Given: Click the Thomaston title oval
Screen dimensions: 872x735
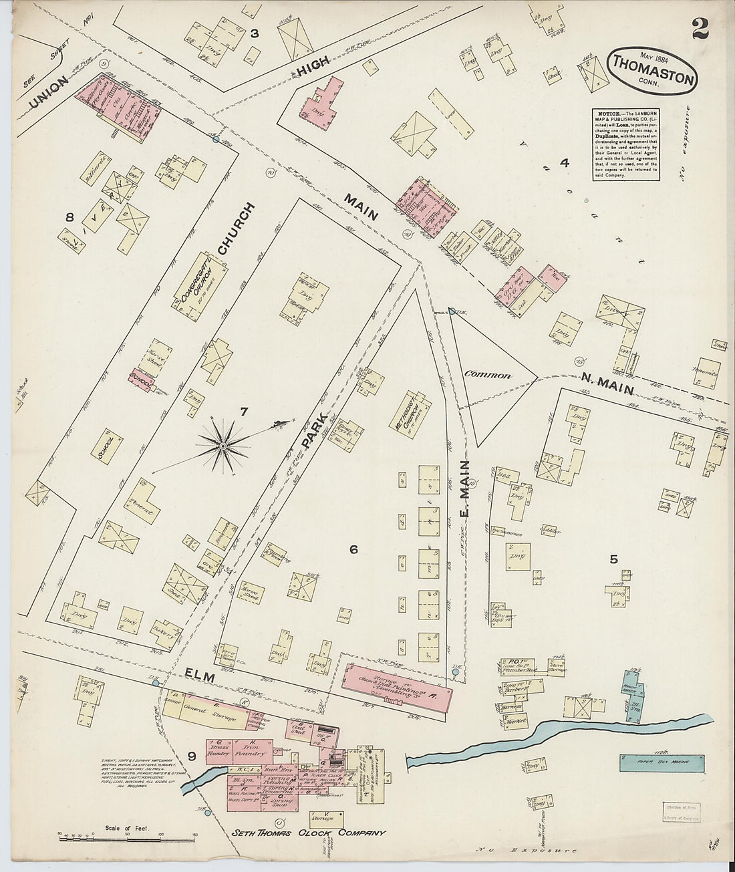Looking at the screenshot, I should click(652, 72).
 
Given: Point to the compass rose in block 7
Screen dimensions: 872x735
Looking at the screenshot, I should click(223, 443).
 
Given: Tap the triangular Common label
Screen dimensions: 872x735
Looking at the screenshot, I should click(488, 375).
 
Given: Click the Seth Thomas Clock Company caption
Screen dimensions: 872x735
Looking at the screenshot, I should click(308, 833).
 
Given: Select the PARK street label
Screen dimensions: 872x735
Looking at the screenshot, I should click(313, 428).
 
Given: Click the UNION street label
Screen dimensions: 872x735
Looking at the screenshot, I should click(48, 92).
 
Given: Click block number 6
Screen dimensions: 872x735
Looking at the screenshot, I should click(353, 549).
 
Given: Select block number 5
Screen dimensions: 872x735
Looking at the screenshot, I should click(613, 559).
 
